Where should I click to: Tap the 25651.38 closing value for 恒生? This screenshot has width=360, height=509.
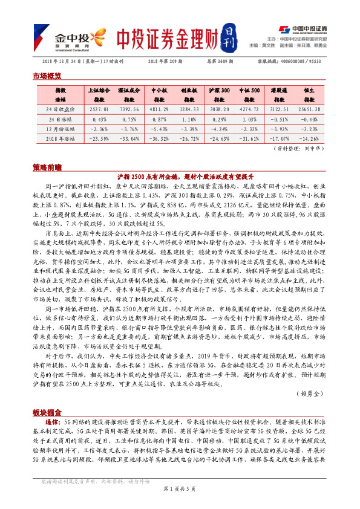(304, 109)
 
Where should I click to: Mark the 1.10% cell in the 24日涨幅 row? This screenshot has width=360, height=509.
(190, 119)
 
